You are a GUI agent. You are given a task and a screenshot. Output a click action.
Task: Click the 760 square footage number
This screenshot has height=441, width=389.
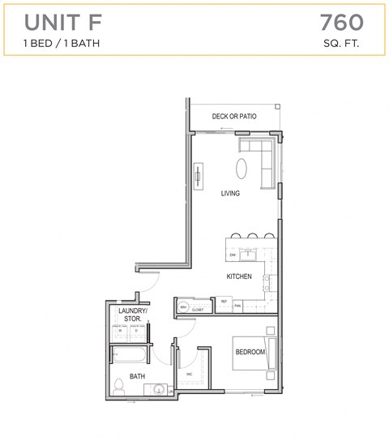point(341,21)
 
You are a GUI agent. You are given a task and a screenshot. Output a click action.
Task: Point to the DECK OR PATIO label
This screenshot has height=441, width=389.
point(234,117)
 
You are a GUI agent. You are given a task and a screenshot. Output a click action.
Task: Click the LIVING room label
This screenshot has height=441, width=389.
point(230,194)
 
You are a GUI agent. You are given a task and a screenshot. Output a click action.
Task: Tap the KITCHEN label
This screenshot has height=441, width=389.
point(238,276)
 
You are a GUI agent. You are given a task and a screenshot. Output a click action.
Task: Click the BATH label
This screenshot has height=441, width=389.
point(137,376)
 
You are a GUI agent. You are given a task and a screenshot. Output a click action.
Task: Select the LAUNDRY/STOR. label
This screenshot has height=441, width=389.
point(132,315)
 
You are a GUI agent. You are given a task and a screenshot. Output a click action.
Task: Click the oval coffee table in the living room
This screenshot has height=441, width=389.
point(243,168)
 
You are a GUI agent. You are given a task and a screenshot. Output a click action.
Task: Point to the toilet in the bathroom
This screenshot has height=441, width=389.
point(118,386)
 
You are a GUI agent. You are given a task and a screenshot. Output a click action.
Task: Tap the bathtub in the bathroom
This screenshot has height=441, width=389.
point(130,355)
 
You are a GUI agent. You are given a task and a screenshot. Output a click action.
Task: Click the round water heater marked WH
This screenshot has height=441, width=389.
point(183,306)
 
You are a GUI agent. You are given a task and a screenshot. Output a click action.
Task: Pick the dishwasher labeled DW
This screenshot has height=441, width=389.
point(233,255)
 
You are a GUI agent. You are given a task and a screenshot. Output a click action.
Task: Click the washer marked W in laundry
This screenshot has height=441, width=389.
point(121,331)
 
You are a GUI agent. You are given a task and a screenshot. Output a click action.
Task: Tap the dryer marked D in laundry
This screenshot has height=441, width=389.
point(135,331)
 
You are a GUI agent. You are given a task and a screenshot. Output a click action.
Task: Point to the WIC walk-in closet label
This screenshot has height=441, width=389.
point(188,374)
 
